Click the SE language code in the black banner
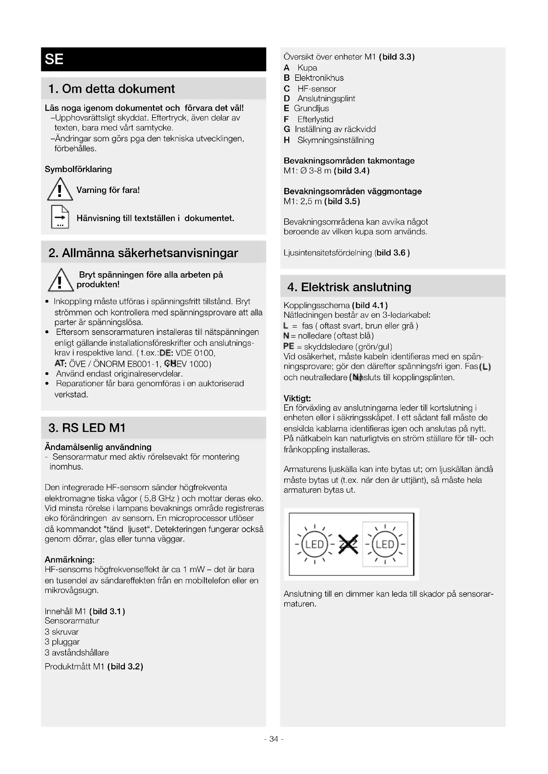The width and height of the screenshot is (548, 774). (x=54, y=59)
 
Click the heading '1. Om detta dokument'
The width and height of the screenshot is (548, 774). (x=111, y=89)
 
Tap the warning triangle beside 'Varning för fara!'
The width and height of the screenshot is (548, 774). (x=60, y=190)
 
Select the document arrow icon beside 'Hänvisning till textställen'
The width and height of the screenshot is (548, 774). (x=60, y=217)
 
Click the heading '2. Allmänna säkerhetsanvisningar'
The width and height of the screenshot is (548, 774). (x=143, y=253)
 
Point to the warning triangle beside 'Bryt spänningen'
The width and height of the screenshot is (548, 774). (x=60, y=280)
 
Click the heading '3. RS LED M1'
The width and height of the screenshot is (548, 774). (x=87, y=428)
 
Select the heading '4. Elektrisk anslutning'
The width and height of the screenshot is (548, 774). (x=349, y=287)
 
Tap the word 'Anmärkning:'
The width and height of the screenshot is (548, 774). (x=70, y=560)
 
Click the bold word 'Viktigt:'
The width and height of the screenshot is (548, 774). (x=297, y=398)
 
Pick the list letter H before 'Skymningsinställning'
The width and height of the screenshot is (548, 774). (x=287, y=140)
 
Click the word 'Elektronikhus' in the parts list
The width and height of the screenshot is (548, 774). (x=319, y=78)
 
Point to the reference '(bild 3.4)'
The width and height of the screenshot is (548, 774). (x=352, y=171)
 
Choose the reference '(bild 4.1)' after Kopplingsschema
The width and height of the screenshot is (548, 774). (x=369, y=305)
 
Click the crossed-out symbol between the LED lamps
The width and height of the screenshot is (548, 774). (x=348, y=544)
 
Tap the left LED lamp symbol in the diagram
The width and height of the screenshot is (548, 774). (x=314, y=544)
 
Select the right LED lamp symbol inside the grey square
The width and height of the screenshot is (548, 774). (x=385, y=544)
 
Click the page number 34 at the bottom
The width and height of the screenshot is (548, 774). (x=274, y=739)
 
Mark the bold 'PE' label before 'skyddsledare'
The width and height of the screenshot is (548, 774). (x=289, y=346)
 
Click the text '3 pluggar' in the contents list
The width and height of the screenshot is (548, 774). (x=62, y=642)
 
